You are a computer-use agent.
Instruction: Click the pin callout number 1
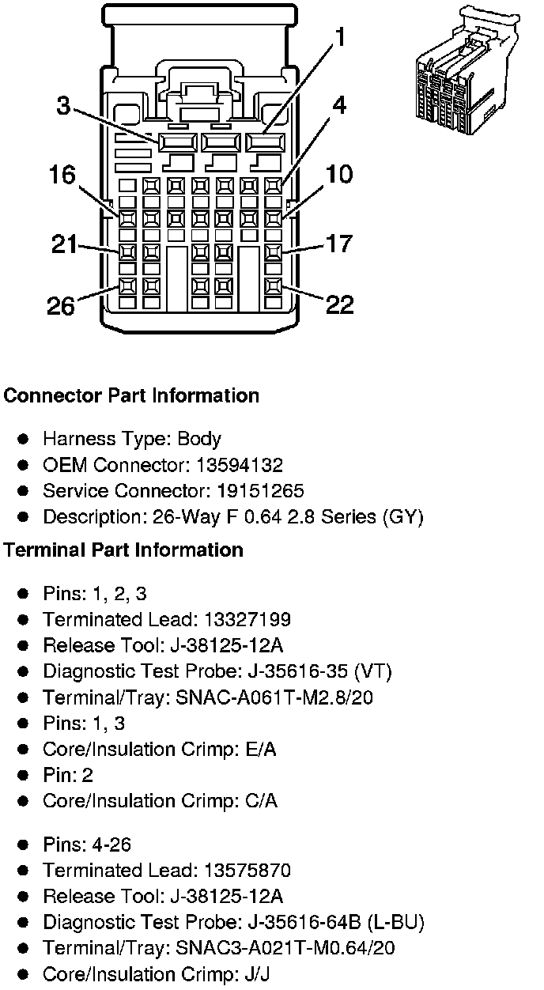click(339, 37)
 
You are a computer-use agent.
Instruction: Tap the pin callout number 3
click(63, 105)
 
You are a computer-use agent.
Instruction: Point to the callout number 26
click(60, 304)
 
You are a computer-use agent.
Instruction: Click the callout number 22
click(340, 304)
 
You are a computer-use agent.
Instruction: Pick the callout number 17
click(339, 244)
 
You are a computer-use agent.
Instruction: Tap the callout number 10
click(339, 174)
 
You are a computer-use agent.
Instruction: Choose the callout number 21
click(64, 244)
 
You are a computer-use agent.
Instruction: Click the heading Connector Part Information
click(131, 395)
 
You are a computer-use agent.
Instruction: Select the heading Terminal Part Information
click(123, 550)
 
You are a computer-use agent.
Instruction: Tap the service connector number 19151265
click(259, 491)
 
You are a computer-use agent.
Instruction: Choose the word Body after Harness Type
click(199, 439)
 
